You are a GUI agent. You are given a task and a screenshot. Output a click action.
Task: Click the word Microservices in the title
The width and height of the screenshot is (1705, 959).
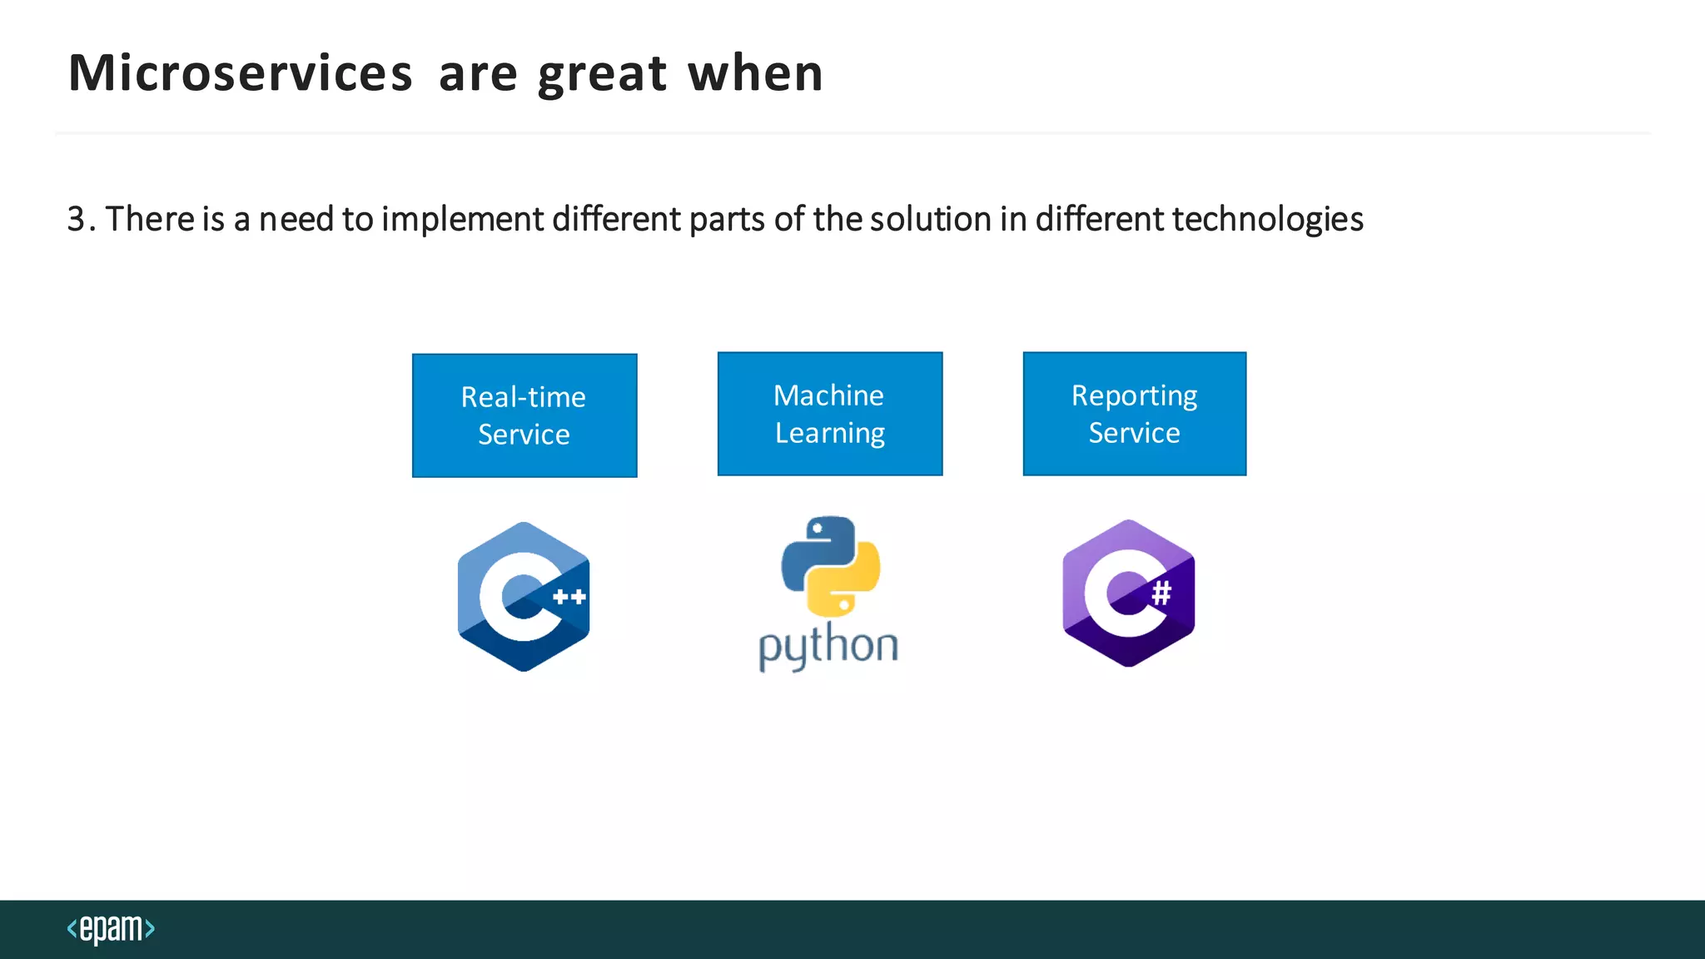pyautogui.click(x=240, y=73)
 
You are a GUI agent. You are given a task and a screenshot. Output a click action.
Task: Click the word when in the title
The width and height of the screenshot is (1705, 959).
pyautogui.click(x=755, y=73)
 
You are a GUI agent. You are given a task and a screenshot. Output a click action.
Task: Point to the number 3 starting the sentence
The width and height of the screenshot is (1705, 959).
pyautogui.click(x=77, y=219)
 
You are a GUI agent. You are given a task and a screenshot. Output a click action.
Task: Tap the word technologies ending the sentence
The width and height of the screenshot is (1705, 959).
pyautogui.click(x=1267, y=220)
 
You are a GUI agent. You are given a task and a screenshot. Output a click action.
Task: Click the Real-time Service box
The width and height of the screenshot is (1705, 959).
pyautogui.click(x=524, y=415)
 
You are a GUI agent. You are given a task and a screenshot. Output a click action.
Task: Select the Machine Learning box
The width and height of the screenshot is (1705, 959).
pyautogui.click(x=830, y=414)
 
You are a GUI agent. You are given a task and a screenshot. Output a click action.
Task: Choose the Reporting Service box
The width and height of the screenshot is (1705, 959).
pyautogui.click(x=1135, y=414)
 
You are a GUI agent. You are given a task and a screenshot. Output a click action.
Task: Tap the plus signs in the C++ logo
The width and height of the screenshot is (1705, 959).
pyautogui.click(x=569, y=597)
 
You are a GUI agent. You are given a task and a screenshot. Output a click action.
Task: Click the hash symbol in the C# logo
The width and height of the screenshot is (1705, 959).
pyautogui.click(x=1161, y=593)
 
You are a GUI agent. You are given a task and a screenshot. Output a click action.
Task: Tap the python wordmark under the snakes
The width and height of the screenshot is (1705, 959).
pyautogui.click(x=828, y=646)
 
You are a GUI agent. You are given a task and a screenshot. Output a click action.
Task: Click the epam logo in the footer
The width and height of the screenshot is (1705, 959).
pyautogui.click(x=111, y=929)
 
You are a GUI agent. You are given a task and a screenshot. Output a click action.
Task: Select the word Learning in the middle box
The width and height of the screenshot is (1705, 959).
pyautogui.click(x=830, y=434)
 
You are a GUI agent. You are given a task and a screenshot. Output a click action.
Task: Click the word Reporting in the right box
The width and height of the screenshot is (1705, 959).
pyautogui.click(x=1134, y=396)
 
